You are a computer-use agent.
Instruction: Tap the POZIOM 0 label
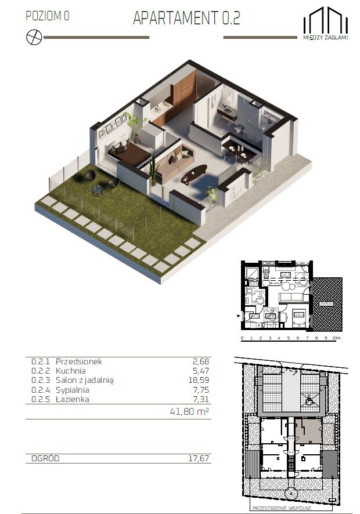tap(48, 16)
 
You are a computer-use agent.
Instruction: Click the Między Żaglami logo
tap(325, 24)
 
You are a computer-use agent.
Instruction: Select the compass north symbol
tap(34, 37)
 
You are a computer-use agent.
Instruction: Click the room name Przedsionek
tap(78, 361)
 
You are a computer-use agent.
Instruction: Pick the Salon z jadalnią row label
tap(85, 380)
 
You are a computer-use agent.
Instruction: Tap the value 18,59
tap(199, 380)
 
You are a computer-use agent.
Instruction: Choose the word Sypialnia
tap(74, 390)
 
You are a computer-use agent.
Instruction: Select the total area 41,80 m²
tap(188, 411)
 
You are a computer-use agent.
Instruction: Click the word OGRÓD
tap(45, 459)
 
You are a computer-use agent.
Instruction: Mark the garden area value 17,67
tap(199, 459)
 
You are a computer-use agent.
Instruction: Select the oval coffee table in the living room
tap(194, 173)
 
